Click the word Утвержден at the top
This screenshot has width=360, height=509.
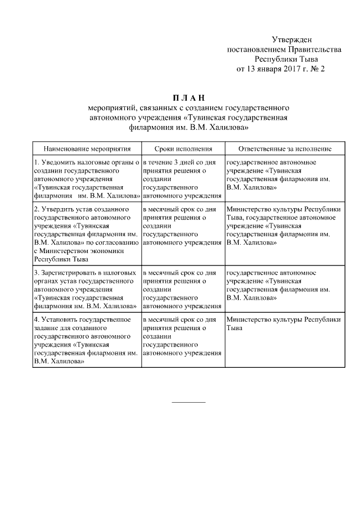pyautogui.click(x=291, y=39)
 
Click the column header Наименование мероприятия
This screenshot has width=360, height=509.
pyautogui.click(x=87, y=148)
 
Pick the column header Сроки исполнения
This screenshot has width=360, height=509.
pyautogui.click(x=182, y=148)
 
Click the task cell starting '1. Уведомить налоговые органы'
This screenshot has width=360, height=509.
pyautogui.click(x=87, y=179)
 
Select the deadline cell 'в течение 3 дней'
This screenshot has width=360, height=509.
pyautogui.click(x=182, y=179)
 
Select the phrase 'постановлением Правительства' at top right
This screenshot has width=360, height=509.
pyautogui.click(x=284, y=49)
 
